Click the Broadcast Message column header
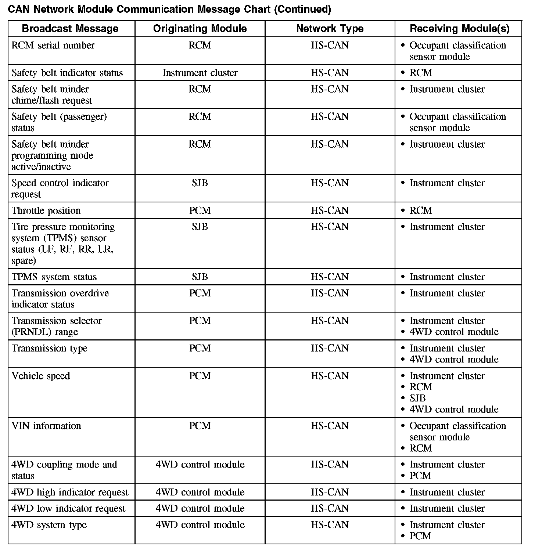coord(70,29)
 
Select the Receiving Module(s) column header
coord(459,29)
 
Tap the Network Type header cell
coord(330,29)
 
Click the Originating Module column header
coord(200,29)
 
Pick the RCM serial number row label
coord(53,45)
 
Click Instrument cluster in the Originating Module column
coord(200,73)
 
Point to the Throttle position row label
coord(46,210)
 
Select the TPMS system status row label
coord(54,277)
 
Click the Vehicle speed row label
coord(41,376)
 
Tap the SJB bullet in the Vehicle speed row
coord(418,398)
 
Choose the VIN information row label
coord(46,426)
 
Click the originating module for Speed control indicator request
coord(200,183)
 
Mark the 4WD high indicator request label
coord(70,492)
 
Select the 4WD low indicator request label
coord(68,508)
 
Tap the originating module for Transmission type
coord(200,348)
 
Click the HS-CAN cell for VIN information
coord(330,426)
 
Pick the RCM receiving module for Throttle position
coord(421,210)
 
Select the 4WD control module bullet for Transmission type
coord(454,359)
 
